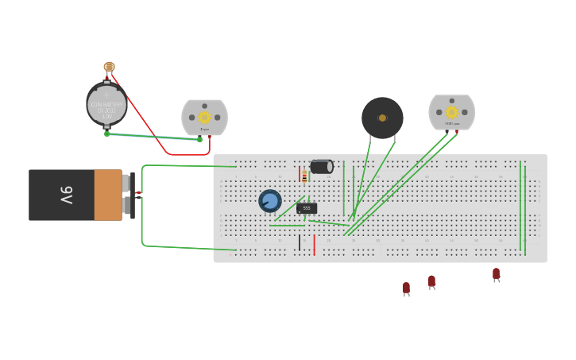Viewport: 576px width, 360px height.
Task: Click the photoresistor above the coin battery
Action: [109, 67]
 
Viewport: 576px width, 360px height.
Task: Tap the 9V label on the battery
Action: [67, 195]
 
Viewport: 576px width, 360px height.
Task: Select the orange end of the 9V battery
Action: [108, 195]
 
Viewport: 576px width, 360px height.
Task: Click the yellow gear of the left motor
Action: [204, 117]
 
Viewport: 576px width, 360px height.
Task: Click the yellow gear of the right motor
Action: [452, 112]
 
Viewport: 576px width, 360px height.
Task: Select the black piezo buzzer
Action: [382, 118]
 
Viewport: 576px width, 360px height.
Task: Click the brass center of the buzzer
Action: [382, 118]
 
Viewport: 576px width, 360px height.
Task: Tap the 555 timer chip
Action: [307, 208]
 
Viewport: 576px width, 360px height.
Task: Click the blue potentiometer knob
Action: [270, 200]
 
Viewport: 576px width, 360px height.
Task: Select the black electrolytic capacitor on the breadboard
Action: [322, 166]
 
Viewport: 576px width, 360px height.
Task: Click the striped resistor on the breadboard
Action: [304, 176]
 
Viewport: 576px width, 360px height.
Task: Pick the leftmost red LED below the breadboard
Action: [406, 288]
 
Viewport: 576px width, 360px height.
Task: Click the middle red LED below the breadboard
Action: [431, 281]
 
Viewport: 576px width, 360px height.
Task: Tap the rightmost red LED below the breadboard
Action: [496, 273]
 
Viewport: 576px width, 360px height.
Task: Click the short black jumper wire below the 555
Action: [300, 243]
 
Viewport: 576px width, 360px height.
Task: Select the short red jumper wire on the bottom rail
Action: [314, 245]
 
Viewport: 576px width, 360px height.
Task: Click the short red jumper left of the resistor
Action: [300, 174]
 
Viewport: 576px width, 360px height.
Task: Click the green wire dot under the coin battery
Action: [107, 134]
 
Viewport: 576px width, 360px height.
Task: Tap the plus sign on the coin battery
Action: [106, 95]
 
